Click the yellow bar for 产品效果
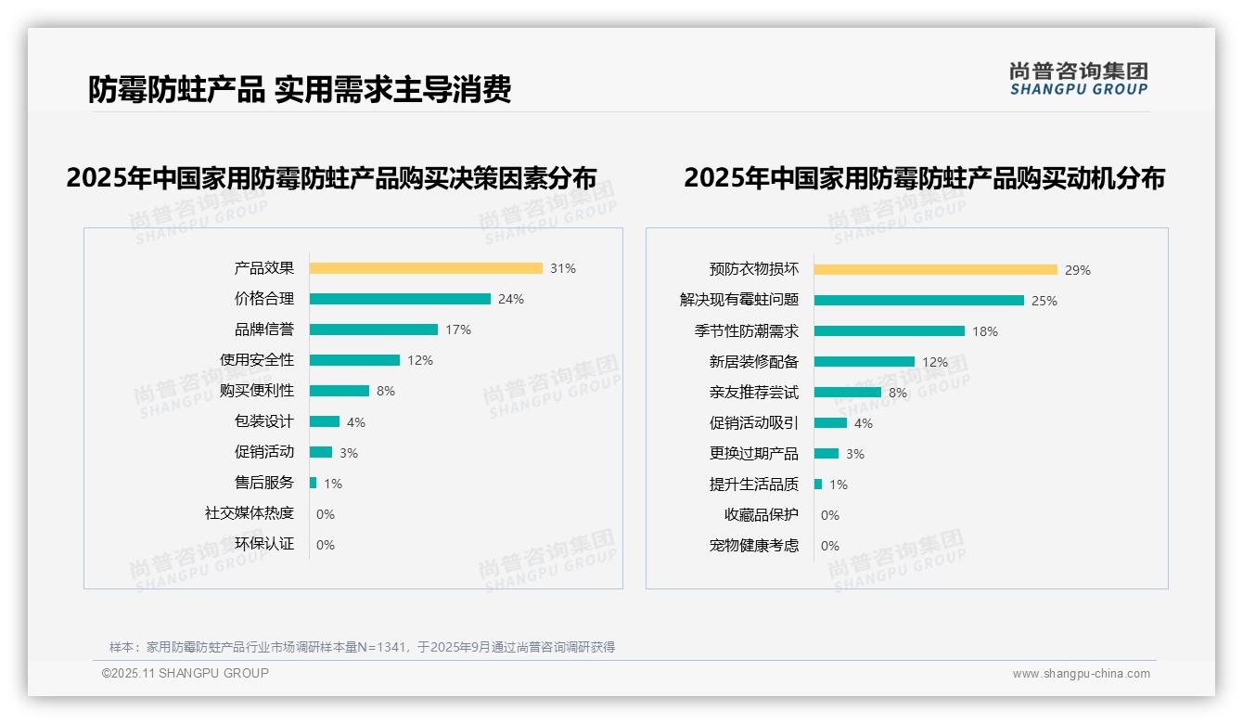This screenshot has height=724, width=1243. [x=426, y=268]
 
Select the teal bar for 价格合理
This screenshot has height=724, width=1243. [x=400, y=299]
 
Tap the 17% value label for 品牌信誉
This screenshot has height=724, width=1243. [x=458, y=330]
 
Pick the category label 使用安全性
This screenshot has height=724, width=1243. [x=257, y=360]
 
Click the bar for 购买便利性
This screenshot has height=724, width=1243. [x=340, y=391]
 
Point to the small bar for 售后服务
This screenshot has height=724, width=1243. [x=314, y=483]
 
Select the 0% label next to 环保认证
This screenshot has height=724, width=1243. [x=326, y=545]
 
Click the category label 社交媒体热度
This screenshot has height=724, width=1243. [x=250, y=513]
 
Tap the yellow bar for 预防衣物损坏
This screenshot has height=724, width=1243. [x=936, y=270]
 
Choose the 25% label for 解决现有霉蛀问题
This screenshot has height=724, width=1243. [x=1044, y=301]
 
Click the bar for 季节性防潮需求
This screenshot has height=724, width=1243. [x=890, y=331]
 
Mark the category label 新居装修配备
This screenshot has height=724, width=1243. [x=754, y=362]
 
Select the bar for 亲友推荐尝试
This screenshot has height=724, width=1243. [x=848, y=393]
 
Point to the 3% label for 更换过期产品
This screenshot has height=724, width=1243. [x=855, y=454]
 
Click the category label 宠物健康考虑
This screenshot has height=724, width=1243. [x=754, y=546]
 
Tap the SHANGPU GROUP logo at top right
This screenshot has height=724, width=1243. [x=1079, y=79]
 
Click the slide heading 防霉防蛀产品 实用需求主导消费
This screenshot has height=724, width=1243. [x=300, y=89]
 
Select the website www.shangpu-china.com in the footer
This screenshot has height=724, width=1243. [x=1081, y=674]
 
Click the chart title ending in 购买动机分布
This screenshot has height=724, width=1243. [x=924, y=177]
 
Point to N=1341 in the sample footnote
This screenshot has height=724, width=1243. [x=383, y=647]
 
